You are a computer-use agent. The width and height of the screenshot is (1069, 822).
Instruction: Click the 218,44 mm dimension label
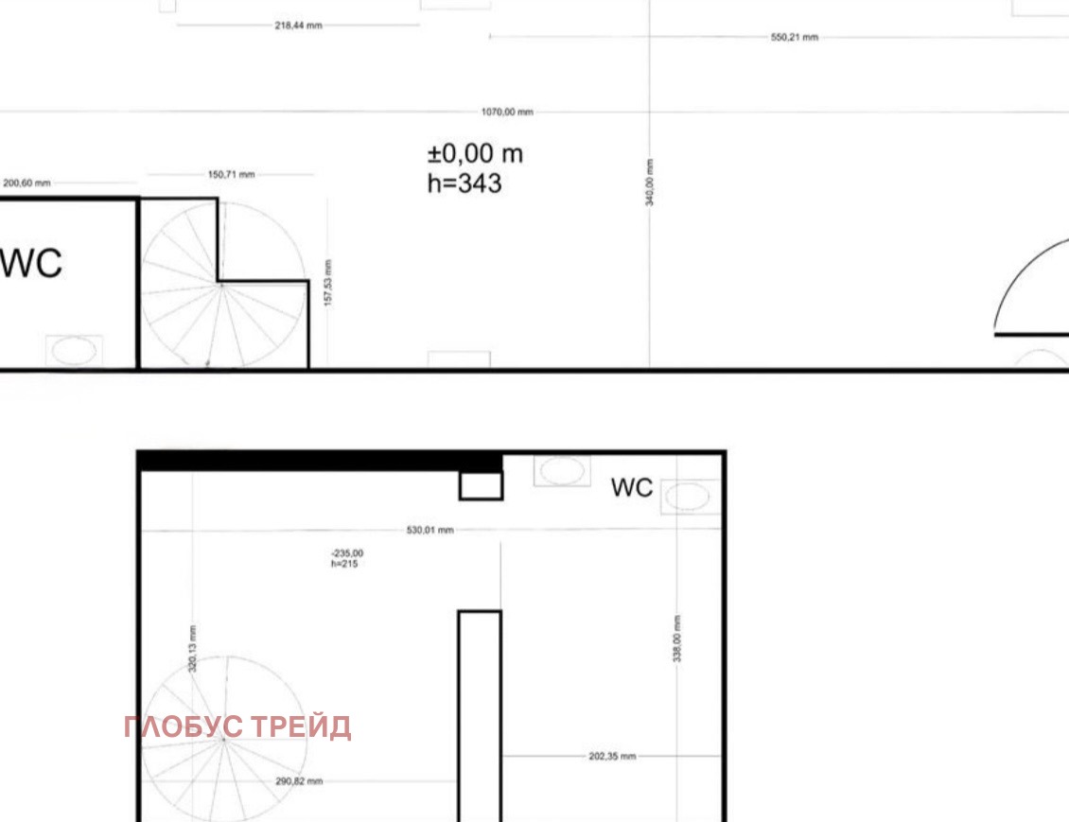pos(299,26)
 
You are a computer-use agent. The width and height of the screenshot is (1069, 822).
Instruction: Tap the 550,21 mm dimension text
pos(795,38)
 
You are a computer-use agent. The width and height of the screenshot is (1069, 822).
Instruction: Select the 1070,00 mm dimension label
pos(507,112)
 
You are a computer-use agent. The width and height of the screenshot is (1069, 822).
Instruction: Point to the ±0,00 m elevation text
pos(475,154)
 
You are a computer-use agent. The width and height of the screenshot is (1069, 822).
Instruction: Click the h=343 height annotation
pos(464,184)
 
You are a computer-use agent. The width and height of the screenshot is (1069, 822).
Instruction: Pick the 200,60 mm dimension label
pos(26,184)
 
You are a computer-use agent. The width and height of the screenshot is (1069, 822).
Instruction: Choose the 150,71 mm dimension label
pos(231,174)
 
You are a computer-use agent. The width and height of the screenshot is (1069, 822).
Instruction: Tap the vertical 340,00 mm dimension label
pos(649,182)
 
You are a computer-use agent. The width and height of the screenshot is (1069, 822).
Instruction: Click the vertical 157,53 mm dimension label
pos(328,283)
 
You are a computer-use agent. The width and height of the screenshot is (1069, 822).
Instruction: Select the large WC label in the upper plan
pos(30,263)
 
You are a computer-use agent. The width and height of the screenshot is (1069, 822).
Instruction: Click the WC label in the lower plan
pos(632,488)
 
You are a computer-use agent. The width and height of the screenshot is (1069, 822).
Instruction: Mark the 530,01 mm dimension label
pos(430,531)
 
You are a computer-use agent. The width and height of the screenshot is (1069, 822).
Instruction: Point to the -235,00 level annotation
pos(347,553)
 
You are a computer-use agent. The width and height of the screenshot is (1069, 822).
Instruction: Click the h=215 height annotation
pos(344,564)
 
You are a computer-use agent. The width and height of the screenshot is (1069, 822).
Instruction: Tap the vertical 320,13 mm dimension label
pos(192,649)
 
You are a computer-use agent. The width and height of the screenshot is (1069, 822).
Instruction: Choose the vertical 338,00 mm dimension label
pos(677,638)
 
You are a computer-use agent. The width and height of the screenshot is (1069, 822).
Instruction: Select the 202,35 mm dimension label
pos(612,757)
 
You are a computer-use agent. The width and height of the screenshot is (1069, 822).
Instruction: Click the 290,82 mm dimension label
pos(299,781)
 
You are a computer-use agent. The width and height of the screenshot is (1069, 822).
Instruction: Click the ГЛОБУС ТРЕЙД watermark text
pos(237,727)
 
